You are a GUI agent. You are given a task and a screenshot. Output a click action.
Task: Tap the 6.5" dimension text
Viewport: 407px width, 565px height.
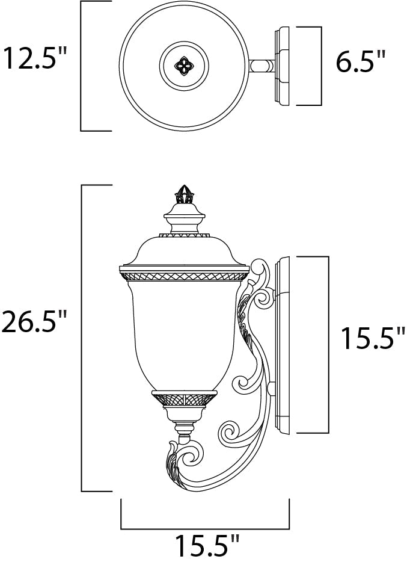click(x=360, y=62)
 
